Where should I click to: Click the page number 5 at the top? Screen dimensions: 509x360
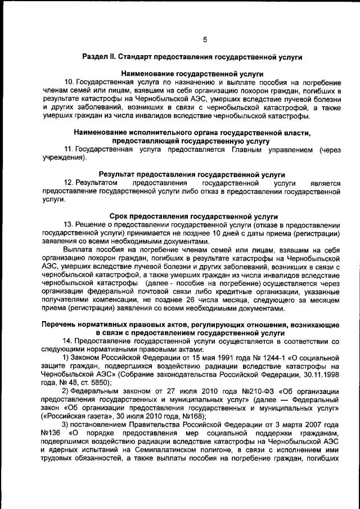[x=205, y=39]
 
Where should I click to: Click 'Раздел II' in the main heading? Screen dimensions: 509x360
[x=100, y=57]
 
